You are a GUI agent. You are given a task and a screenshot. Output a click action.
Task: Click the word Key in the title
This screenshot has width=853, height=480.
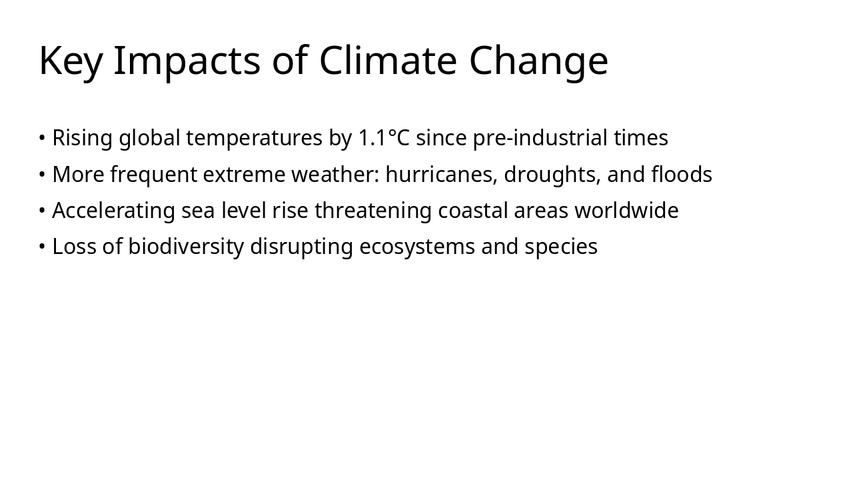(71, 61)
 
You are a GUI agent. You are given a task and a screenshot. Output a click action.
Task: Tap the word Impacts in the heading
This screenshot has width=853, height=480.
(187, 61)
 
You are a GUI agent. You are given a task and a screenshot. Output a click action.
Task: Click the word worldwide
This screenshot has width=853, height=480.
(626, 211)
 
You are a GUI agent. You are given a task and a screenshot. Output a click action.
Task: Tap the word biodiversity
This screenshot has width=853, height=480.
(186, 247)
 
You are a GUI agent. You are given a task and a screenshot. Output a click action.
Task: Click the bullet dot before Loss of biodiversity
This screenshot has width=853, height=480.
(42, 247)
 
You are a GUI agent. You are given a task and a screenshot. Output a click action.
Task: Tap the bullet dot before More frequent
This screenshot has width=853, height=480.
(42, 175)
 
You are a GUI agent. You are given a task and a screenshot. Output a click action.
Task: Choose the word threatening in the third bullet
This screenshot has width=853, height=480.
(373, 211)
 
